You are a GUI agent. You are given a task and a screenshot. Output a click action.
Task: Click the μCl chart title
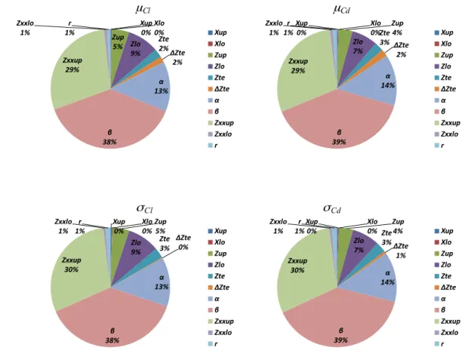pyautogui.click(x=143, y=9)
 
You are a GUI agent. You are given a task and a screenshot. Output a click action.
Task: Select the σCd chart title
pyautogui.click(x=332, y=208)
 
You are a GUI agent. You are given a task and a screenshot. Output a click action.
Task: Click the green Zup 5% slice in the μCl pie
pyautogui.click(x=118, y=42)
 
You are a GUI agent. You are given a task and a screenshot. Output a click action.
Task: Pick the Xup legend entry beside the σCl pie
pyautogui.click(x=217, y=231)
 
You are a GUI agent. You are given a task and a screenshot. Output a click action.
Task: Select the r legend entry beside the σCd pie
pyautogui.click(x=439, y=344)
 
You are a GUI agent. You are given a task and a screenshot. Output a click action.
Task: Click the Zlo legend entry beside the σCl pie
pyautogui.click(x=216, y=265)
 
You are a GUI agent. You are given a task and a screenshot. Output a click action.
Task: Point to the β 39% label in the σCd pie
pyautogui.click(x=340, y=335)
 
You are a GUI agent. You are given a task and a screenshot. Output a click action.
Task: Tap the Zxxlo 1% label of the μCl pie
pyautogui.click(x=25, y=28)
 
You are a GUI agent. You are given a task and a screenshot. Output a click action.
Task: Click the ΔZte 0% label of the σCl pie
pyautogui.click(x=183, y=242)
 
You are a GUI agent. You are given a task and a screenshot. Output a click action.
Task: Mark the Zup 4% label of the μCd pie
pyautogui.click(x=397, y=28)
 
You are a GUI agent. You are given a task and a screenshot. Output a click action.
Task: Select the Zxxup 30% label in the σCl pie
pyautogui.click(x=72, y=265)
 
